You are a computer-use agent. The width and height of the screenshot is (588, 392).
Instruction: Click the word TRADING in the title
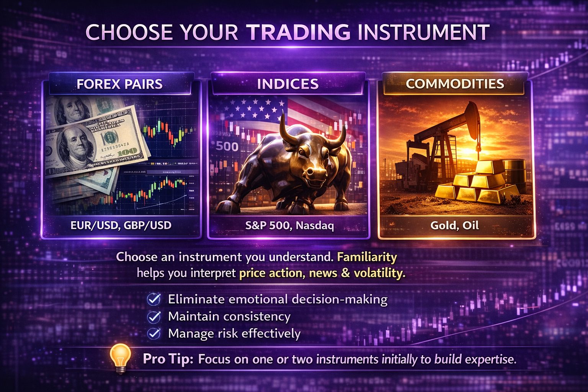click(299, 32)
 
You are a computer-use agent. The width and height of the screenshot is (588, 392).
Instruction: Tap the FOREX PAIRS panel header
click(120, 84)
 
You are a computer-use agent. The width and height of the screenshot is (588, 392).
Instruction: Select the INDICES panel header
click(288, 84)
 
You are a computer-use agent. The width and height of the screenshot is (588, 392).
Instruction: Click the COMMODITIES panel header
click(455, 84)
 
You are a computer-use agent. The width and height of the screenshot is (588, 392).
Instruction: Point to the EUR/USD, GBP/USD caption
click(121, 225)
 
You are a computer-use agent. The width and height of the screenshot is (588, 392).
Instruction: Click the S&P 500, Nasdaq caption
click(289, 225)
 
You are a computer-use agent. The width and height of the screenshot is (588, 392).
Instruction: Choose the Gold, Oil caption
click(455, 225)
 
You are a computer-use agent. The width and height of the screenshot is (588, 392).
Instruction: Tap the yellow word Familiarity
click(367, 257)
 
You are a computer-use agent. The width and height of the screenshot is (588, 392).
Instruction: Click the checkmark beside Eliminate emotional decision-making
click(154, 299)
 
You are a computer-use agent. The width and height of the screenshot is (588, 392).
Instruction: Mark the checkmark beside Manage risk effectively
click(154, 333)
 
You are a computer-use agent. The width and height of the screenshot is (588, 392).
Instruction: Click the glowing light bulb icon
click(121, 358)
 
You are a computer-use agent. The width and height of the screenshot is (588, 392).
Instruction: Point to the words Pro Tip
click(168, 359)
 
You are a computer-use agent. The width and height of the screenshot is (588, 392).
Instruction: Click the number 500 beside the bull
click(227, 147)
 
